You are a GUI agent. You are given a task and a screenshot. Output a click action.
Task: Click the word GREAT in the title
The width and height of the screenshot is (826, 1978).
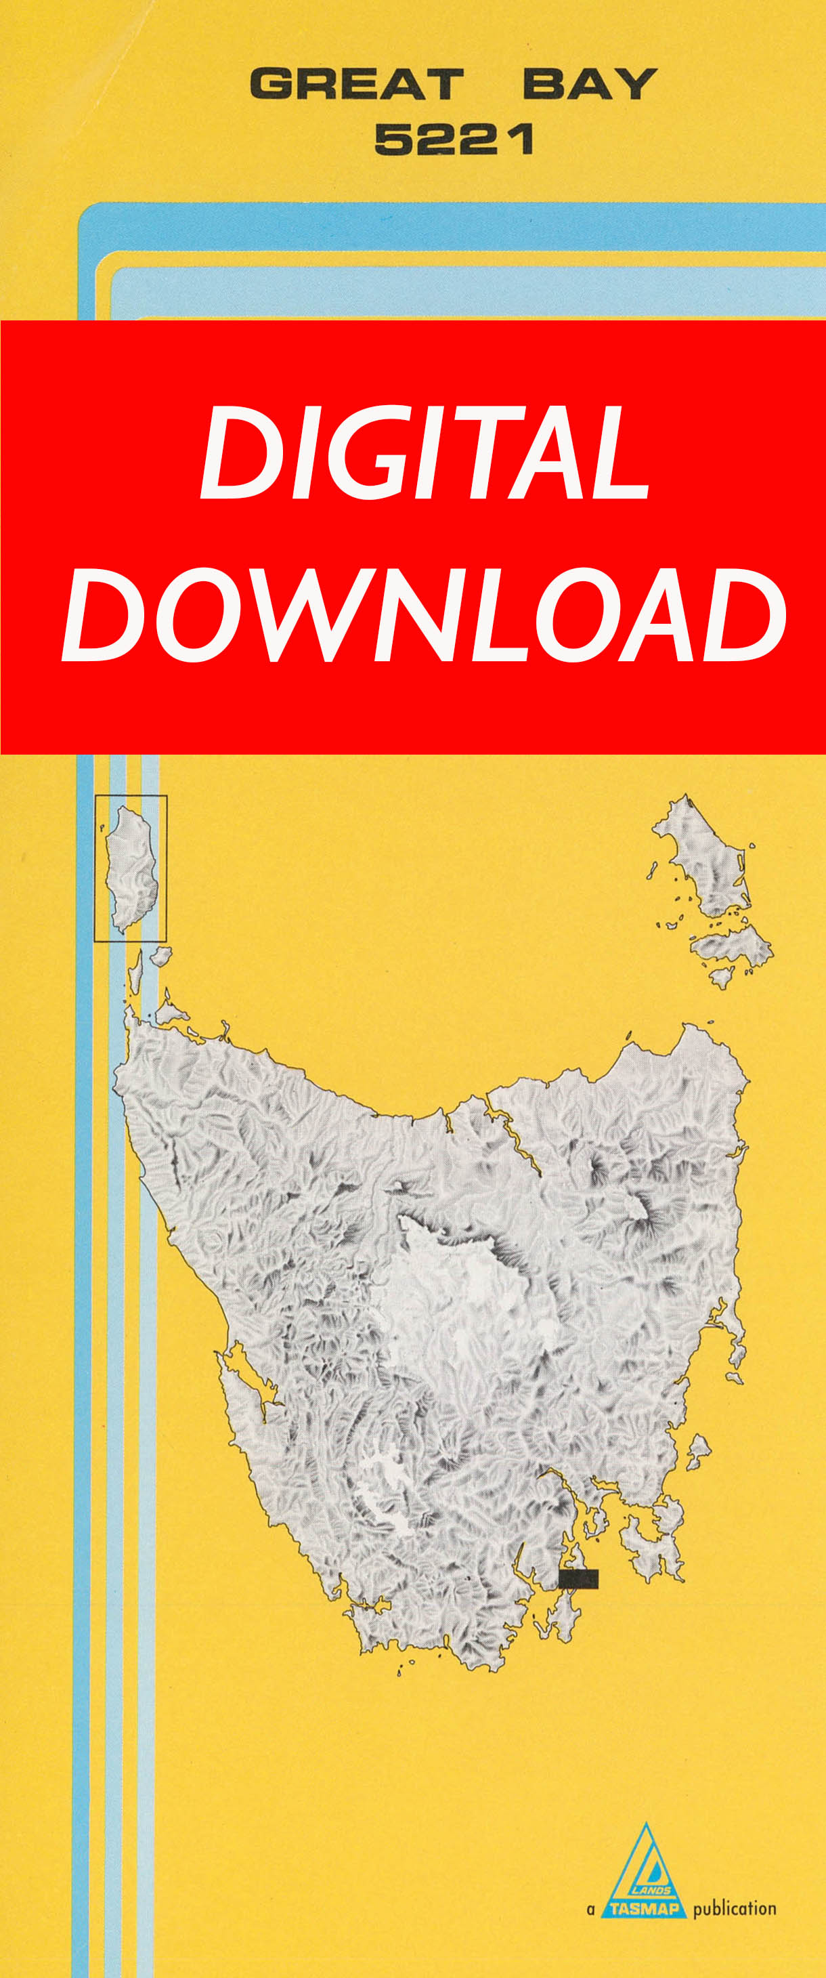tap(357, 84)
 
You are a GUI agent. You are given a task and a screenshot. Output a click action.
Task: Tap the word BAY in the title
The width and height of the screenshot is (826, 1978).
tap(590, 84)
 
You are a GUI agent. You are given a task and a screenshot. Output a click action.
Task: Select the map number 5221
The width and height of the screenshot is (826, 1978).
tap(454, 140)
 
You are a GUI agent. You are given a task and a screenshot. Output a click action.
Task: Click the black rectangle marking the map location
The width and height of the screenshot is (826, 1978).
tap(578, 1578)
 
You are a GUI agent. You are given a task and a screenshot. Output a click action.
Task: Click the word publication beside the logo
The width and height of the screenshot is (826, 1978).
tap(734, 1909)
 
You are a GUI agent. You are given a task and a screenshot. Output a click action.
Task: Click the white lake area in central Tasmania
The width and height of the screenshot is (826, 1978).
tap(453, 1282)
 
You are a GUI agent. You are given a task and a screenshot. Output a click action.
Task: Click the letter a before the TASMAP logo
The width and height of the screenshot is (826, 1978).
tap(590, 1910)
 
